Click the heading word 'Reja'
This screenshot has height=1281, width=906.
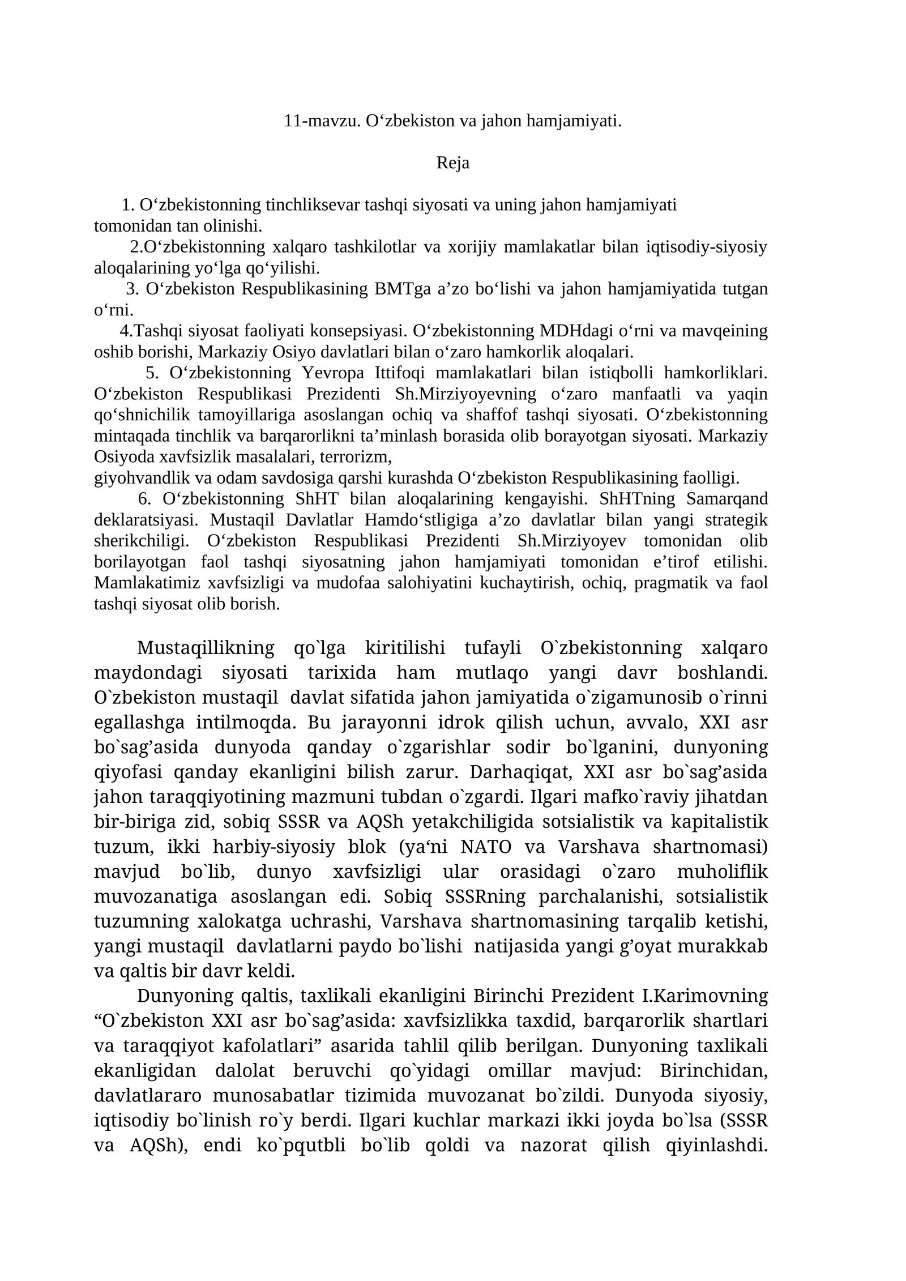[x=452, y=163]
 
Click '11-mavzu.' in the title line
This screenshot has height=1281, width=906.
[x=322, y=121]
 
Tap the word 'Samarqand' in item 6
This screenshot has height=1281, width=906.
[x=727, y=499]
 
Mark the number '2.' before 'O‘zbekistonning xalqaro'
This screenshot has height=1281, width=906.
[x=136, y=247]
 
